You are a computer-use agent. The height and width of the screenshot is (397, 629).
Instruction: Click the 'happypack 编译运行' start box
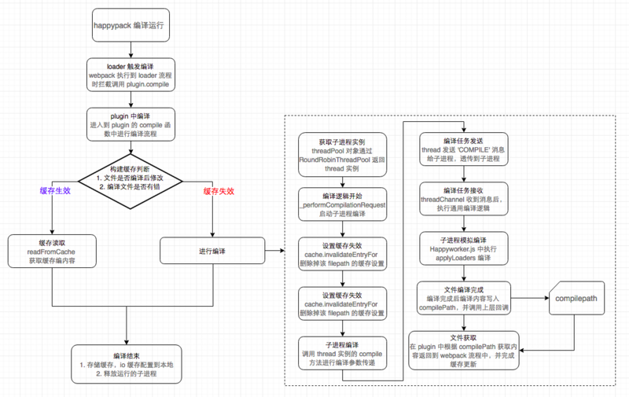tap(128, 25)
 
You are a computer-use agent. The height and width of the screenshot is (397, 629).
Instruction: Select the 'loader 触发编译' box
tap(128, 75)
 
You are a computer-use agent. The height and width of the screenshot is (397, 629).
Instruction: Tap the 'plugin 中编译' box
tap(128, 123)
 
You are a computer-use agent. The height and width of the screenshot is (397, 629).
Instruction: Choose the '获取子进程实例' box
tap(342, 153)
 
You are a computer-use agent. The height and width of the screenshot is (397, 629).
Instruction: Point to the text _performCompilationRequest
tap(342, 205)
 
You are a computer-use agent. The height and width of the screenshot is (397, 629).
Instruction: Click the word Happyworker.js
tap(446, 249)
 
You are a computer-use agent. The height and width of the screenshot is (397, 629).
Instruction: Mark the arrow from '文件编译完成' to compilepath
tap(528, 299)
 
